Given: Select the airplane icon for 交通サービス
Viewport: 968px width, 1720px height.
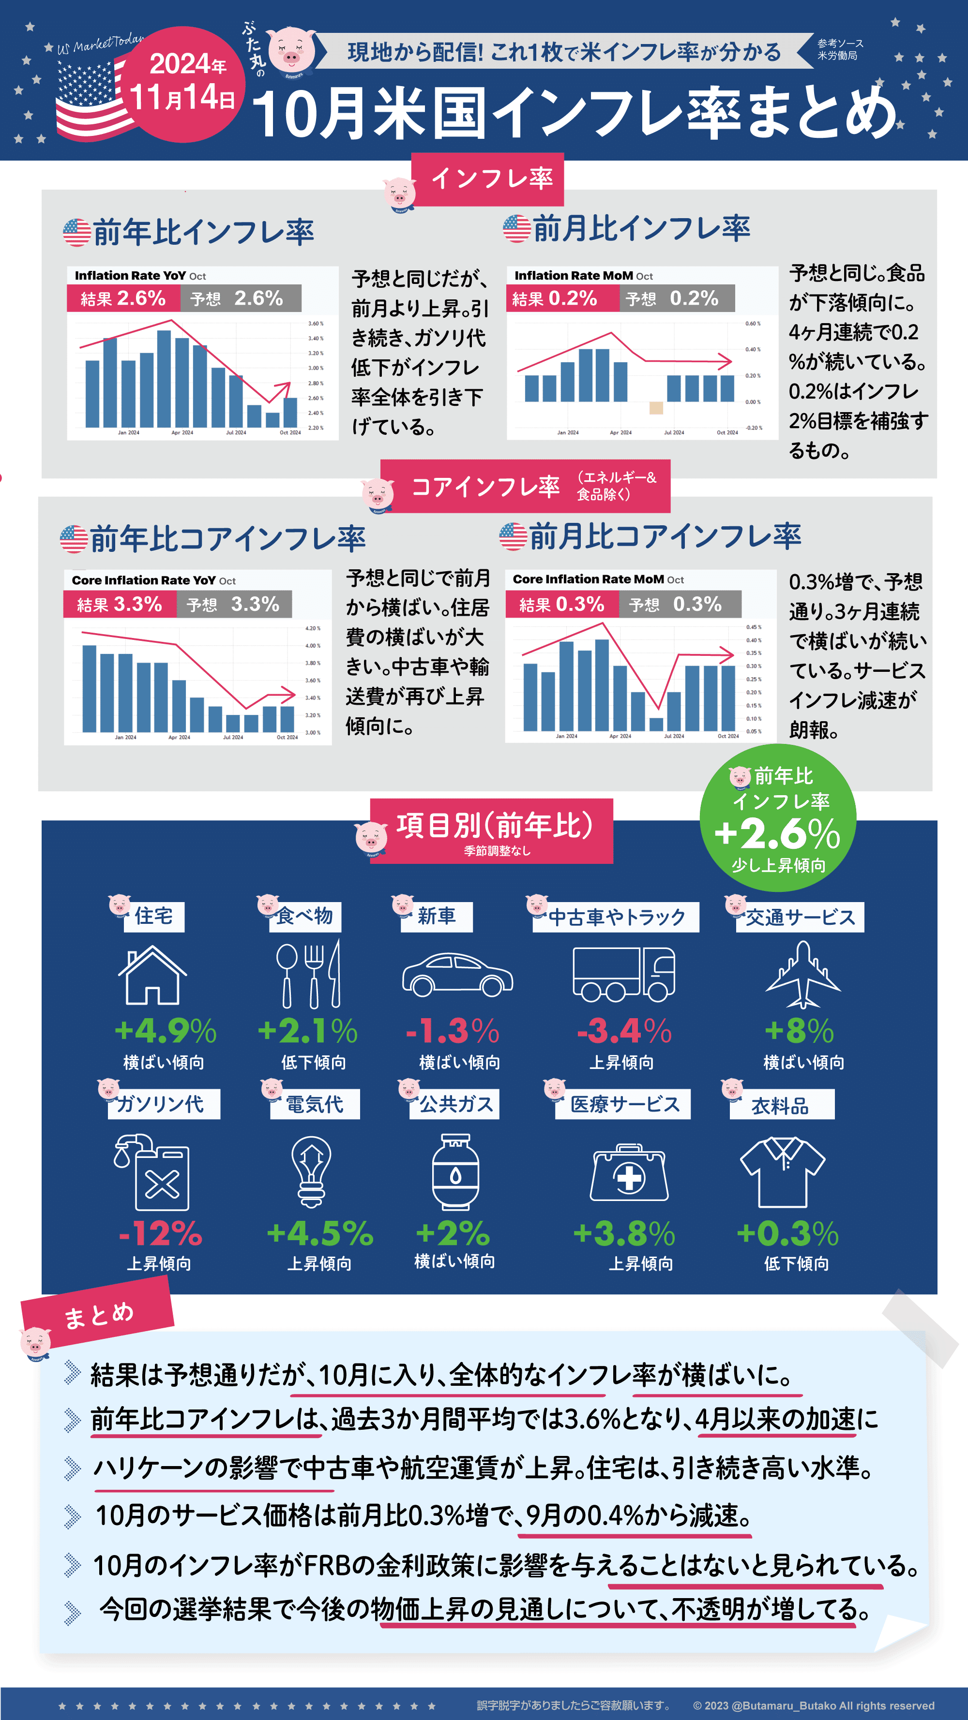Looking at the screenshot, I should [802, 975].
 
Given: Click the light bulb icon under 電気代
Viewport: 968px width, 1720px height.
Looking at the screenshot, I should [311, 1172].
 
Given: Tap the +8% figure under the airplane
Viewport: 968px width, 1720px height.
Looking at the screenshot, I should [799, 1031].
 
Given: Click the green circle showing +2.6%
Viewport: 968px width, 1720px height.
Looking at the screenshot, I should [778, 818].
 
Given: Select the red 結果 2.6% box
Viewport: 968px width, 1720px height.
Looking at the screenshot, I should [123, 298].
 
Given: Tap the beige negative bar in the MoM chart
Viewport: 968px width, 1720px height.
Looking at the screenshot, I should [656, 407].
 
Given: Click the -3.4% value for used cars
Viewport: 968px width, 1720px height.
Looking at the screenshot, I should [624, 1031].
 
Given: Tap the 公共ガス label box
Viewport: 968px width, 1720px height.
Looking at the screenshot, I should [455, 1104].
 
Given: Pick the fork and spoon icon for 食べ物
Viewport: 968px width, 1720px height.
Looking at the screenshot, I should [309, 975].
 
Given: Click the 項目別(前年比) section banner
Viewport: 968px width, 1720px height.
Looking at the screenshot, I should [494, 830].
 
